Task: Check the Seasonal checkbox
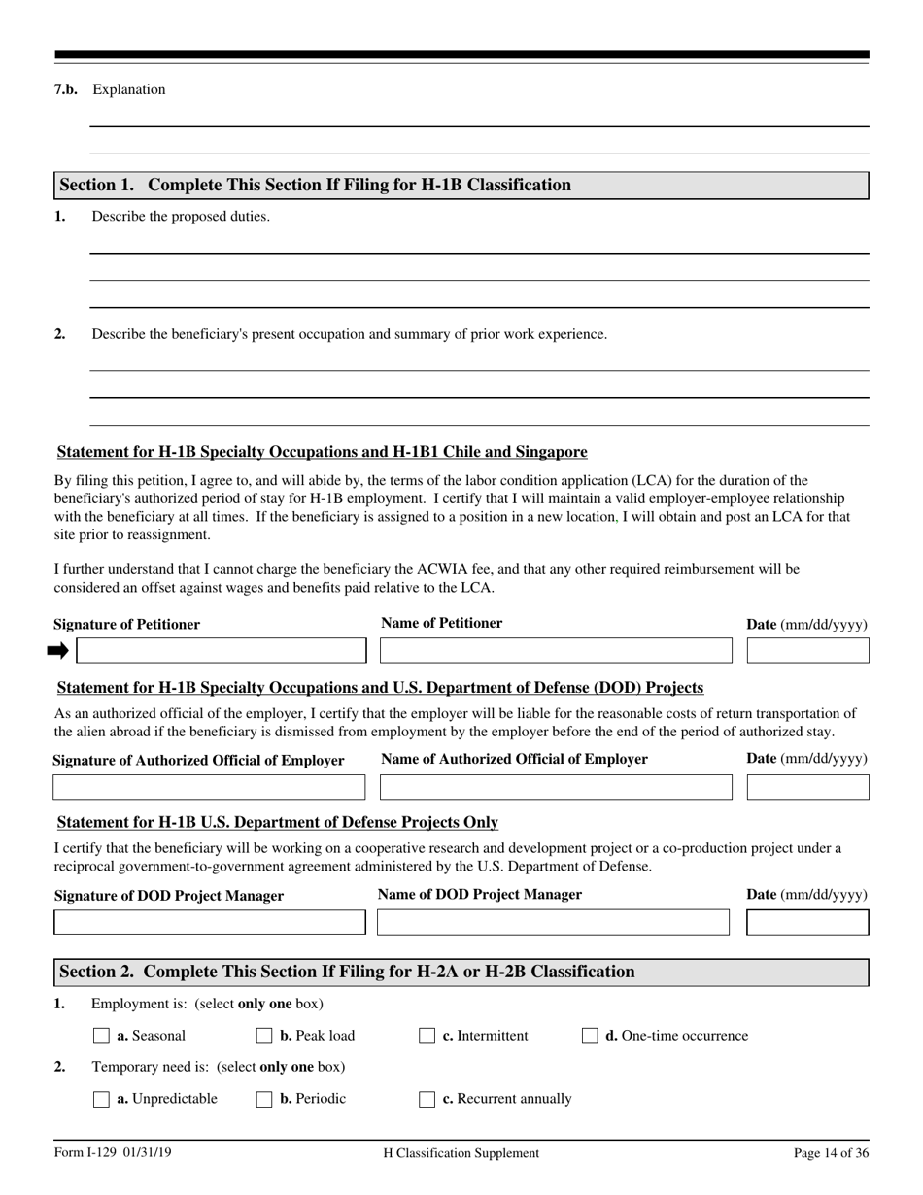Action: (101, 1036)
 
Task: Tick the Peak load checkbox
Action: (264, 1036)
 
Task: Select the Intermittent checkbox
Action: (427, 1036)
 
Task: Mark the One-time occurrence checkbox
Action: (590, 1036)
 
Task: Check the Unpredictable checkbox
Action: (101, 1099)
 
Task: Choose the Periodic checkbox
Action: (264, 1099)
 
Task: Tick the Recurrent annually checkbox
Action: (427, 1099)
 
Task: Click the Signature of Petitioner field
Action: (222, 650)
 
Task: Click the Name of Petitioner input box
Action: (555, 650)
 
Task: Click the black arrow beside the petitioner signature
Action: (58, 650)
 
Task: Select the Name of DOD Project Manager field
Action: (553, 922)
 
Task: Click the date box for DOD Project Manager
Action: (807, 922)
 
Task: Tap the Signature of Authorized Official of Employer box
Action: (209, 786)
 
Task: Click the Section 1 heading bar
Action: (461, 186)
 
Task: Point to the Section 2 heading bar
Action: (461, 972)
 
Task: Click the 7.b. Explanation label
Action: (110, 89)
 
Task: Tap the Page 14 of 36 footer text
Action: (831, 1153)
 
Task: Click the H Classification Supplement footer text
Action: (461, 1153)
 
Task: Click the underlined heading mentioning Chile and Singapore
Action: (323, 452)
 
